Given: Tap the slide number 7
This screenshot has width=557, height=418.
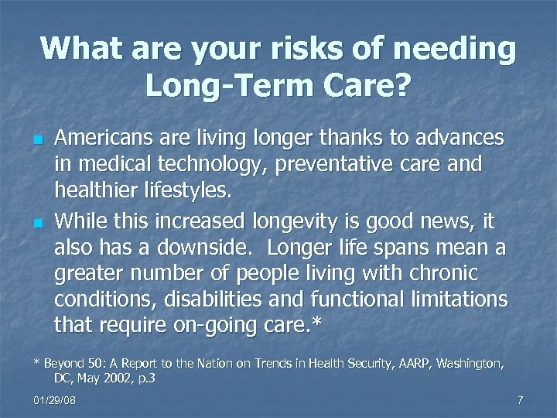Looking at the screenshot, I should click(x=521, y=400).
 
